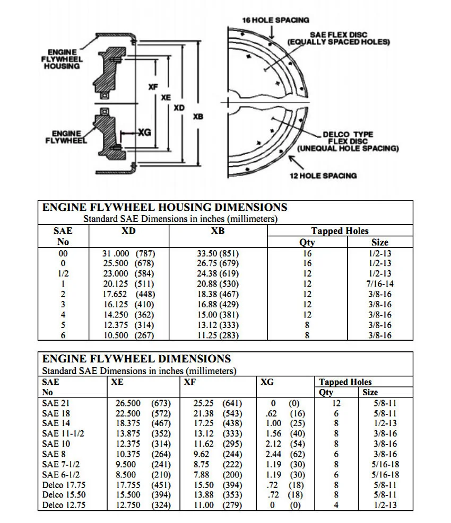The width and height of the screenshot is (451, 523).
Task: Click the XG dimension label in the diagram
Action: (144, 132)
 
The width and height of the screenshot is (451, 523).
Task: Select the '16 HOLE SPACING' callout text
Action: (275, 20)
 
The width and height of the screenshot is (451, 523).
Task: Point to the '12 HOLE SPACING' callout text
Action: (323, 175)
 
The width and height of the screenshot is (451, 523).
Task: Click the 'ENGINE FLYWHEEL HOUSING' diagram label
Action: (62, 59)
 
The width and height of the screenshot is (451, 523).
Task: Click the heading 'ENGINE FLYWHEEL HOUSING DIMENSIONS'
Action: (164, 207)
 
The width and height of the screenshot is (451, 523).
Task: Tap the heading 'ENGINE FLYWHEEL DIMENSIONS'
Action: (136, 359)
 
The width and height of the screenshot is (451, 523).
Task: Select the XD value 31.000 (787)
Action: (128, 253)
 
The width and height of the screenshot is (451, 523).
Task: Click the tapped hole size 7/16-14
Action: (380, 284)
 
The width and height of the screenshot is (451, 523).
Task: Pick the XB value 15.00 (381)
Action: (218, 315)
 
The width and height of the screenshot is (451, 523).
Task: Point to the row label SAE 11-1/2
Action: (63, 433)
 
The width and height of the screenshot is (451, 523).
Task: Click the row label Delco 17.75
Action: (64, 484)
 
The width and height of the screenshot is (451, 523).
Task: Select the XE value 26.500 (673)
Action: (143, 403)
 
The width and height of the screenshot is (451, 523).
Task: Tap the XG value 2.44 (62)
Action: (284, 454)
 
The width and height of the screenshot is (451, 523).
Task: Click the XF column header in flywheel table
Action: (189, 382)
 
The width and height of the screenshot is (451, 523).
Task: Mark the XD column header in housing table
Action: (128, 231)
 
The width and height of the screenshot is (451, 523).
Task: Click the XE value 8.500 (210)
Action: (143, 474)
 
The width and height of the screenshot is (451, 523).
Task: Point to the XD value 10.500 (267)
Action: (128, 335)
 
